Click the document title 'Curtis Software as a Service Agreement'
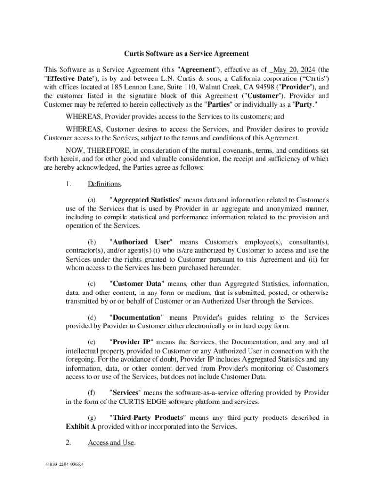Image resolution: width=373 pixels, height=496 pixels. pyautogui.click(x=186, y=54)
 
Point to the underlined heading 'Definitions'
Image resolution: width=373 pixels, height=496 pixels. pyautogui.click(x=105, y=184)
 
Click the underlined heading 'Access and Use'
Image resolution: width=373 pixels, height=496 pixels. pyautogui.click(x=110, y=442)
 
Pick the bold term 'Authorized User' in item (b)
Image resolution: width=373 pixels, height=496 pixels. pyautogui.click(x=141, y=242)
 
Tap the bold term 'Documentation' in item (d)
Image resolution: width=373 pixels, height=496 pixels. pyautogui.click(x=137, y=318)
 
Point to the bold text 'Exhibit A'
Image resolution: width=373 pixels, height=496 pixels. pyautogui.click(x=81, y=427)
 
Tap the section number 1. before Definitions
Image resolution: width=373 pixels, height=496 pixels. pyautogui.click(x=68, y=184)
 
